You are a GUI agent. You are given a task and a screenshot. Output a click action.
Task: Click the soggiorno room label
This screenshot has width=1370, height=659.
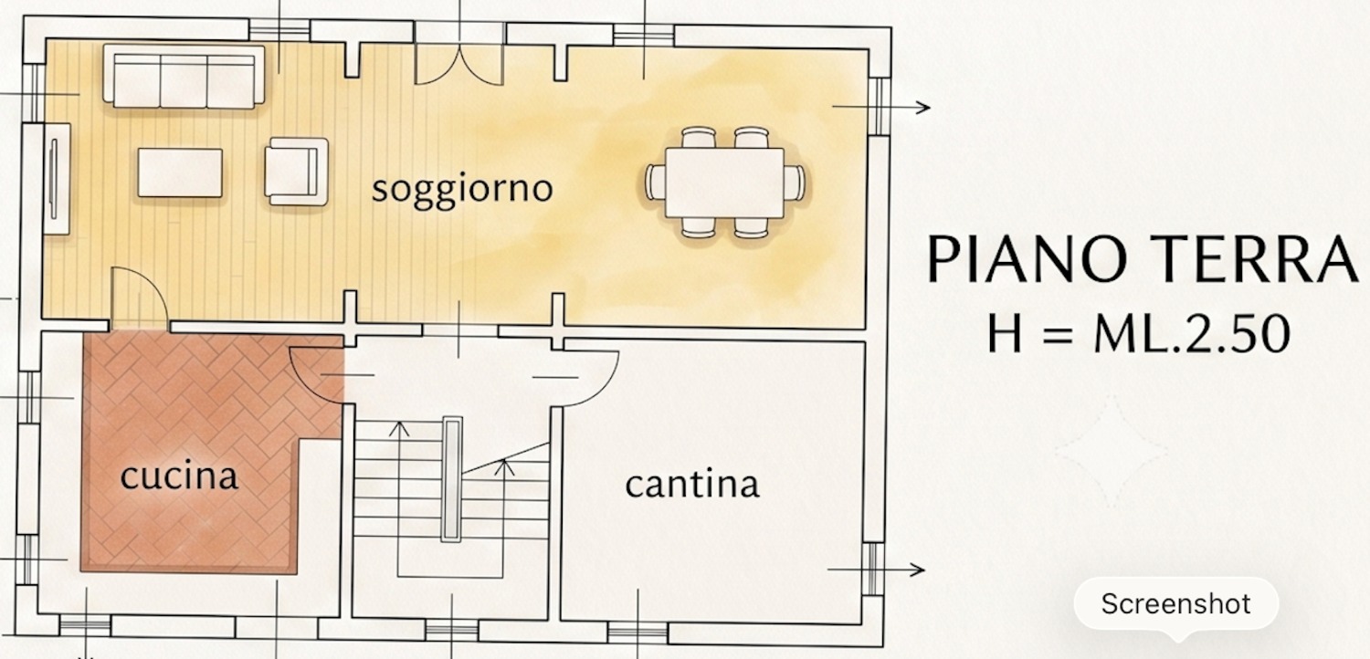click(462, 190)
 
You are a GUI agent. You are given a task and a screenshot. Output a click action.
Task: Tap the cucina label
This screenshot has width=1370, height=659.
click(179, 476)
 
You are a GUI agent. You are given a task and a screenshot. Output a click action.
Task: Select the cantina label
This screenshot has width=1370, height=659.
click(692, 484)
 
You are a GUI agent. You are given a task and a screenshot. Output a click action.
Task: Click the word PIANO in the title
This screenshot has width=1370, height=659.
click(1027, 259)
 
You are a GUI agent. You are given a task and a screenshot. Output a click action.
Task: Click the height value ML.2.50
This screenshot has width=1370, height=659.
click(1192, 334)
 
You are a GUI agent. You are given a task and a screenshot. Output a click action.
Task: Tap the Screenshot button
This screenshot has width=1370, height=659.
click(1176, 604)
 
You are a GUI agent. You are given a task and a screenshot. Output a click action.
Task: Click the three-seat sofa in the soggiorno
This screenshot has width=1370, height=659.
click(184, 77)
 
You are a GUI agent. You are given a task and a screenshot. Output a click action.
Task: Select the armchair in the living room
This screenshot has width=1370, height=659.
click(297, 172)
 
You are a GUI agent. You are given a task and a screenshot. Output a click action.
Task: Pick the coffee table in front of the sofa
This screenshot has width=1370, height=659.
click(180, 173)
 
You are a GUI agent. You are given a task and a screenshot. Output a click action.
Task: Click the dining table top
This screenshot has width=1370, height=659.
click(725, 183)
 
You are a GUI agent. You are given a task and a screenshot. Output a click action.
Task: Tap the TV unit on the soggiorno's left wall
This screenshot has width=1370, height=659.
click(57, 178)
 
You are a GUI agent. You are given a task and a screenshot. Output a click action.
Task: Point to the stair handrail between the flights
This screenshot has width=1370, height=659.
click(452, 478)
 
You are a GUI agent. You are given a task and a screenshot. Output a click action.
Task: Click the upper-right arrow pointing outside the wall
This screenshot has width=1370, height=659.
click(881, 108)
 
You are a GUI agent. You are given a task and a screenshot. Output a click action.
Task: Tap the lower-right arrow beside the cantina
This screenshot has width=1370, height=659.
click(876, 570)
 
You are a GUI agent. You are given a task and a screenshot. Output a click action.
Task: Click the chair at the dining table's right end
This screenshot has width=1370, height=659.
click(796, 183)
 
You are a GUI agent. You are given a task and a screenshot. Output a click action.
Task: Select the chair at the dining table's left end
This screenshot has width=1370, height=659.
click(655, 183)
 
